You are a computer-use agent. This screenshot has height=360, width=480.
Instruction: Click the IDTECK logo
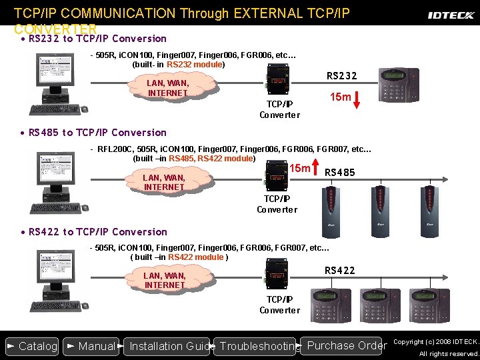click(451, 14)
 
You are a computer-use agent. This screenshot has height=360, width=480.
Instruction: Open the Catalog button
click(31, 346)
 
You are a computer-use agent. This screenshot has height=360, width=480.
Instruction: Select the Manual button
click(91, 346)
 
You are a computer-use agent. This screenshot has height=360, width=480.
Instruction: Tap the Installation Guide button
click(167, 346)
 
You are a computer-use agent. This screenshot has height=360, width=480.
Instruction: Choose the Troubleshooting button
click(257, 346)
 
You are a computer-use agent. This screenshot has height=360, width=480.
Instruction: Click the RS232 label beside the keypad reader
click(341, 76)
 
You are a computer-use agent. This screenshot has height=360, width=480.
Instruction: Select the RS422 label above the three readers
click(339, 270)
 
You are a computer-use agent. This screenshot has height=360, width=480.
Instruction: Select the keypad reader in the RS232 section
click(399, 86)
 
